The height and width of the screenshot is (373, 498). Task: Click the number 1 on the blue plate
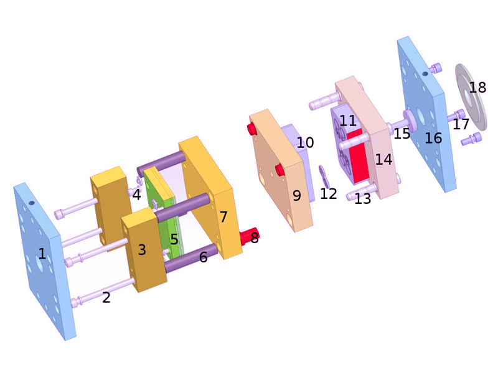(42, 254)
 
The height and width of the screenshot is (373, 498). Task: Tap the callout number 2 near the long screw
(106, 297)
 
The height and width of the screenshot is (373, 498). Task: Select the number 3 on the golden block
(142, 250)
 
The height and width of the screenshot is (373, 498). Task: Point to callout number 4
(136, 194)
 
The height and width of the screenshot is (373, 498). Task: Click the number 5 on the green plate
(174, 239)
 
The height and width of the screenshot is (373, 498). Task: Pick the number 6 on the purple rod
(204, 257)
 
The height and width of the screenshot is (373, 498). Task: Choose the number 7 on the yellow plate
(223, 217)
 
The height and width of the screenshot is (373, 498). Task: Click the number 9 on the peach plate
(296, 196)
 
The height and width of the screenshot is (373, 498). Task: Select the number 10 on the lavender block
(305, 142)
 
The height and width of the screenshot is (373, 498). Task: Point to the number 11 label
(348, 121)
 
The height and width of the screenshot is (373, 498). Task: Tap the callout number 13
(362, 198)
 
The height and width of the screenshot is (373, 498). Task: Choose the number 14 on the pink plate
(383, 159)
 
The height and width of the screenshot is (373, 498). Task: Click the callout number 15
(402, 134)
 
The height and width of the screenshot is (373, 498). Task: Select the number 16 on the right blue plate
(433, 138)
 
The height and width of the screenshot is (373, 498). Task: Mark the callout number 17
(461, 124)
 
